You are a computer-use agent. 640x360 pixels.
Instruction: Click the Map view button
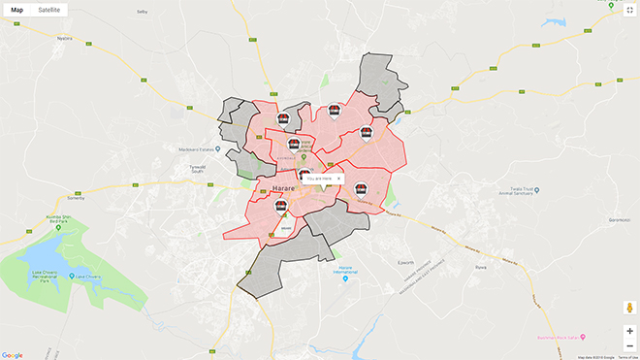pyautogui.click(x=16, y=10)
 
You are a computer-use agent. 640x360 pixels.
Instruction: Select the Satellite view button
pyautogui.click(x=48, y=10)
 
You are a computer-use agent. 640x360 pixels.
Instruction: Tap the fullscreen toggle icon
pyautogui.click(x=629, y=10)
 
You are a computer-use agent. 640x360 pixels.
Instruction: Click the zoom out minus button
pyautogui.click(x=629, y=345)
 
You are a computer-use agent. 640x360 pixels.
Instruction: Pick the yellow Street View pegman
pyautogui.click(x=629, y=308)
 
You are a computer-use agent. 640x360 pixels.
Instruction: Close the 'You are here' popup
pyautogui.click(x=338, y=179)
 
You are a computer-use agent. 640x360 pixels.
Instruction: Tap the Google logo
pyautogui.click(x=13, y=355)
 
